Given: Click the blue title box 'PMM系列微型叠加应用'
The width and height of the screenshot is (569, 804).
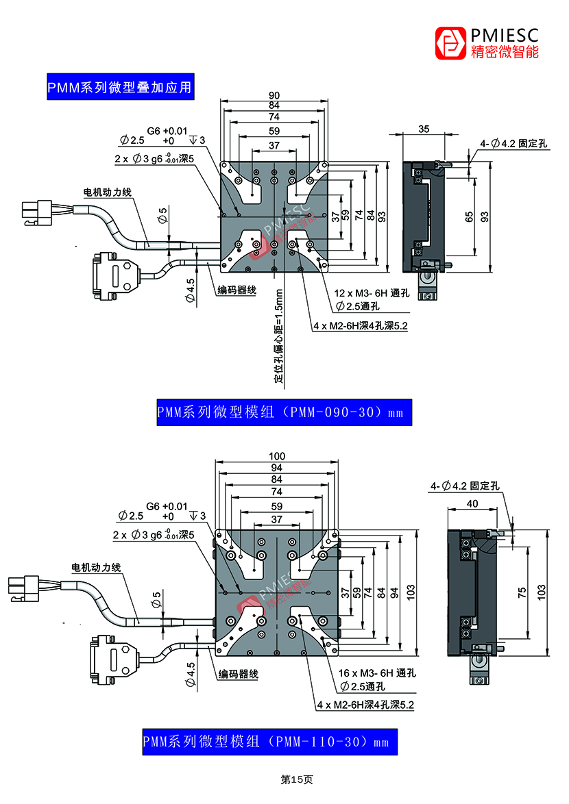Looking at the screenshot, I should [119, 87].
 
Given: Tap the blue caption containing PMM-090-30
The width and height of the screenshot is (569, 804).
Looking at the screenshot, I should [284, 412].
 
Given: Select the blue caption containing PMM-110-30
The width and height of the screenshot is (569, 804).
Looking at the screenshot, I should [269, 742].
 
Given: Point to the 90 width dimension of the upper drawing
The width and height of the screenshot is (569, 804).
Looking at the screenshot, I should [274, 95].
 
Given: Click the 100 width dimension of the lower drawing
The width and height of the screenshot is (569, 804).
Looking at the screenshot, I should [277, 456].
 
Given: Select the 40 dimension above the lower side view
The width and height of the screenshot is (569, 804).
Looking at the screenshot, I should [473, 503].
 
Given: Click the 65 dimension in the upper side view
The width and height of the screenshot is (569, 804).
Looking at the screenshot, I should [469, 216].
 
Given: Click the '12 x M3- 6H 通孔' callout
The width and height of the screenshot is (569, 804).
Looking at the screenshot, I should [372, 293].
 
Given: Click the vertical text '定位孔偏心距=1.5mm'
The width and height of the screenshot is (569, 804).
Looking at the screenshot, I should [278, 335].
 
